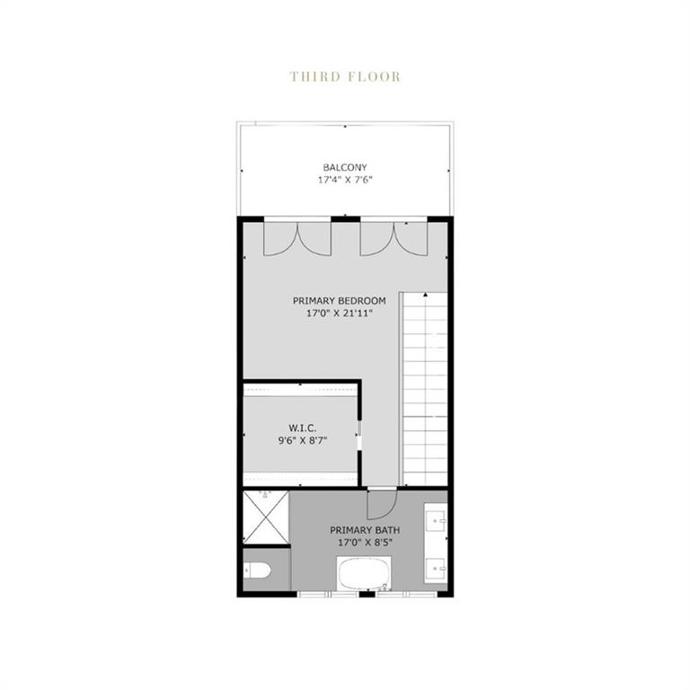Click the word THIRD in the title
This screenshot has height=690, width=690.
click(314, 76)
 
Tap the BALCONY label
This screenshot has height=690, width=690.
click(345, 167)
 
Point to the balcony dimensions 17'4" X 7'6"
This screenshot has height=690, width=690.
click(345, 180)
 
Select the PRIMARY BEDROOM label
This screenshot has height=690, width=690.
click(340, 300)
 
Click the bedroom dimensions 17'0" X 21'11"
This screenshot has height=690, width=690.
click(340, 314)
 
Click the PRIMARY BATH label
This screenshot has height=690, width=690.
click(365, 529)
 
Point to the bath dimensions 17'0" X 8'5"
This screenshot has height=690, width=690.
click(365, 543)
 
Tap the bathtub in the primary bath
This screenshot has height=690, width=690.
click(364, 572)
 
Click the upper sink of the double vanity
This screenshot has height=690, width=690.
click(438, 519)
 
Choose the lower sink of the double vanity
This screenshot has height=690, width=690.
click(438, 567)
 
